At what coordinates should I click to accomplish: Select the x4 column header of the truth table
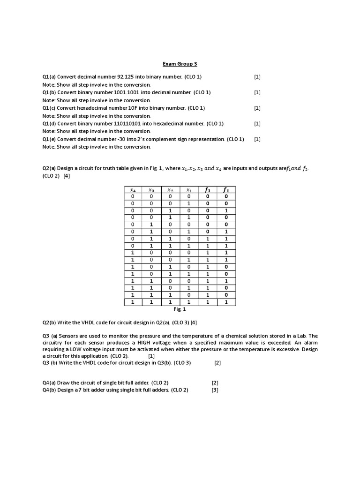(x=133, y=190)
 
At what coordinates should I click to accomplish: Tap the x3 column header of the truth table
(x=151, y=190)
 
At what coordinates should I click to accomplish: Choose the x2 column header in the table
(x=170, y=190)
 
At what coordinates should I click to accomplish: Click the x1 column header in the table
(x=189, y=190)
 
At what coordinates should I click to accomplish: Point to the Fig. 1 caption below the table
(x=180, y=309)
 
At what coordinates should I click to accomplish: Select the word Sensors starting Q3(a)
(x=69, y=336)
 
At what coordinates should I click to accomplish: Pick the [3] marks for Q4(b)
(x=215, y=390)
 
